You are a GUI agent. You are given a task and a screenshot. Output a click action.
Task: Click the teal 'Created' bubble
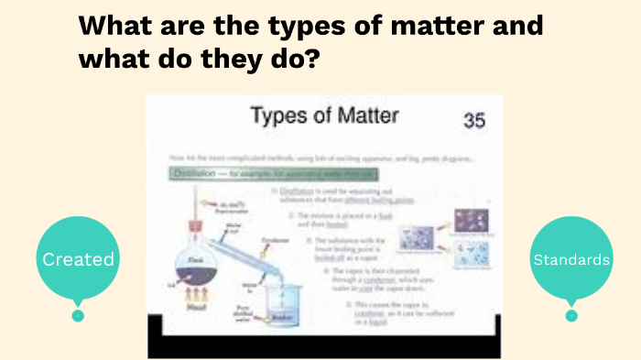click(79, 259)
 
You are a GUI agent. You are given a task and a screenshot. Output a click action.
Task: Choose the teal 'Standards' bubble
click(572, 260)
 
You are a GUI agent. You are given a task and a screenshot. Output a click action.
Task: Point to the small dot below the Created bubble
click(78, 315)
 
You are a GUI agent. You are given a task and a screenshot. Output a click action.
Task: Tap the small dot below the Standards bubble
click(571, 315)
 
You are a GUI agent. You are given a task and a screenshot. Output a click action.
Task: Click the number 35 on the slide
click(473, 120)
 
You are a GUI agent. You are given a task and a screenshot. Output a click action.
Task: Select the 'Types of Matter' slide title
click(325, 116)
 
